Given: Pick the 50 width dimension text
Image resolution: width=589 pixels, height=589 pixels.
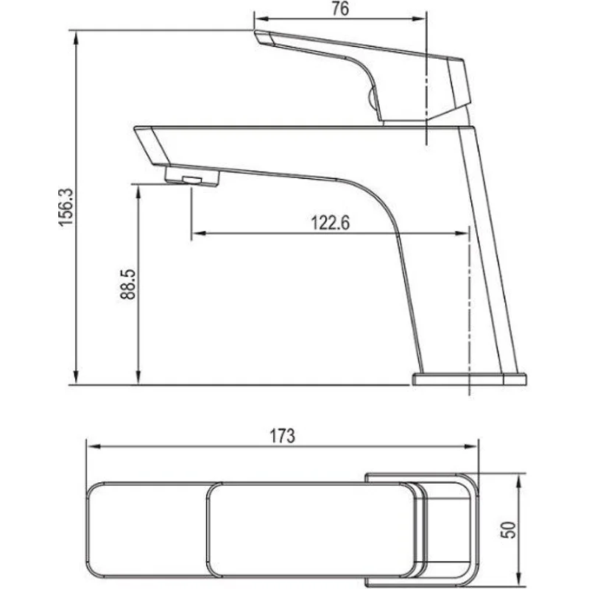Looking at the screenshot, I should (507, 529).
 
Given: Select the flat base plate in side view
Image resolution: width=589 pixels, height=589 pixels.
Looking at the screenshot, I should (469, 379).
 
